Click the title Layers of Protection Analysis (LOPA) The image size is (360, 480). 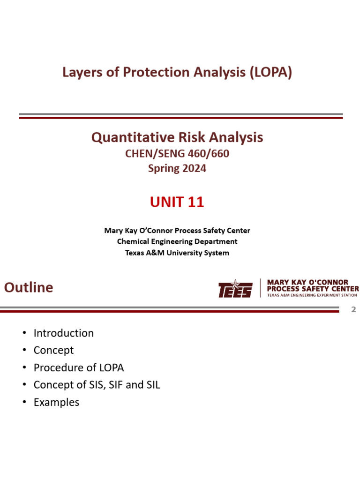(177, 72)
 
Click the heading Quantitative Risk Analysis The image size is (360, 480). (177, 137)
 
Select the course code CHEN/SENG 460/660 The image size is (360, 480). (177, 153)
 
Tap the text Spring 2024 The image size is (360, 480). (177, 168)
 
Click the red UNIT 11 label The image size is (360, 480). (177, 202)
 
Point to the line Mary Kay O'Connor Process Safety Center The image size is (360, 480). (177, 231)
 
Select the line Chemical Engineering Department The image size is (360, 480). (177, 241)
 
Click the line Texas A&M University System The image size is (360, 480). (177, 253)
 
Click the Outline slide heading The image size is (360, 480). (29, 287)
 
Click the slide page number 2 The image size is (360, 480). (354, 309)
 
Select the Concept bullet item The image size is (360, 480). (53, 350)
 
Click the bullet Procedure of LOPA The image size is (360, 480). (79, 367)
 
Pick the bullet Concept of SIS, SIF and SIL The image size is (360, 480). (97, 385)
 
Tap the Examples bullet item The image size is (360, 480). (56, 402)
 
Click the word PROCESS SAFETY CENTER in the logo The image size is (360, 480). (313, 289)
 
